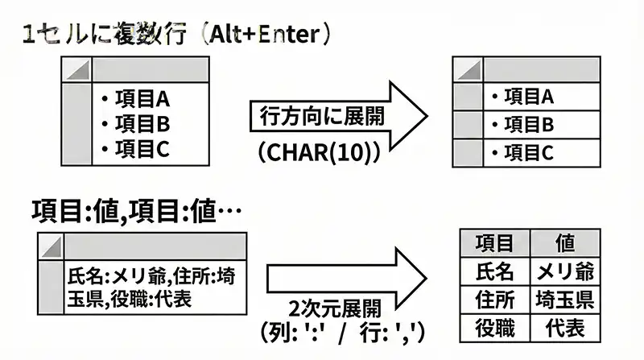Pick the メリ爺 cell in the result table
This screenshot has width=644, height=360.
[564, 271]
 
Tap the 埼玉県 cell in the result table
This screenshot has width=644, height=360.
[564, 300]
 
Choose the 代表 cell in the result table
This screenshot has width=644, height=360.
[564, 329]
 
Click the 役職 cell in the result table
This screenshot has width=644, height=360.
[494, 329]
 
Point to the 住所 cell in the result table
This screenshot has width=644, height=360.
[494, 300]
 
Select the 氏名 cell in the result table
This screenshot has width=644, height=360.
[494, 271]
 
